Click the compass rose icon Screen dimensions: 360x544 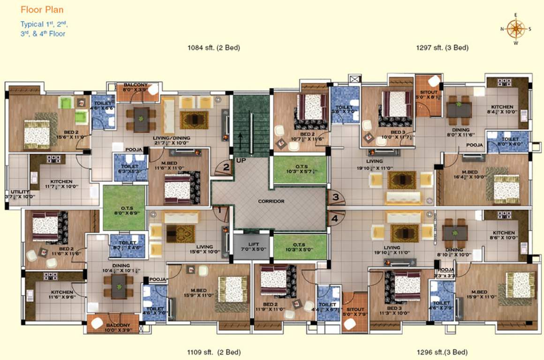[x=516, y=29]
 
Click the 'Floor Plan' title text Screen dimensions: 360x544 [x=42, y=9]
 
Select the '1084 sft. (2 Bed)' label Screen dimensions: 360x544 [x=213, y=47]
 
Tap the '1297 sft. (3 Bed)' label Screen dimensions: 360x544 [x=442, y=47]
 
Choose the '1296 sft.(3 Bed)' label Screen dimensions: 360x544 [x=442, y=352]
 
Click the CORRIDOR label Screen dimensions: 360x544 [x=271, y=201]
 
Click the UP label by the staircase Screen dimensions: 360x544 [x=241, y=160]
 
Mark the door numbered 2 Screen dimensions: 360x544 [x=226, y=166]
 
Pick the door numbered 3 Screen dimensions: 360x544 [x=335, y=197]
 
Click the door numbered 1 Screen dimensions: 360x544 [x=219, y=211]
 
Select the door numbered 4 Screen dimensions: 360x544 [x=335, y=218]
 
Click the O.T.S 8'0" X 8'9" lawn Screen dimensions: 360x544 [x=123, y=208]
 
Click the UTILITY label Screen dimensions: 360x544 [x=17, y=192]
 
